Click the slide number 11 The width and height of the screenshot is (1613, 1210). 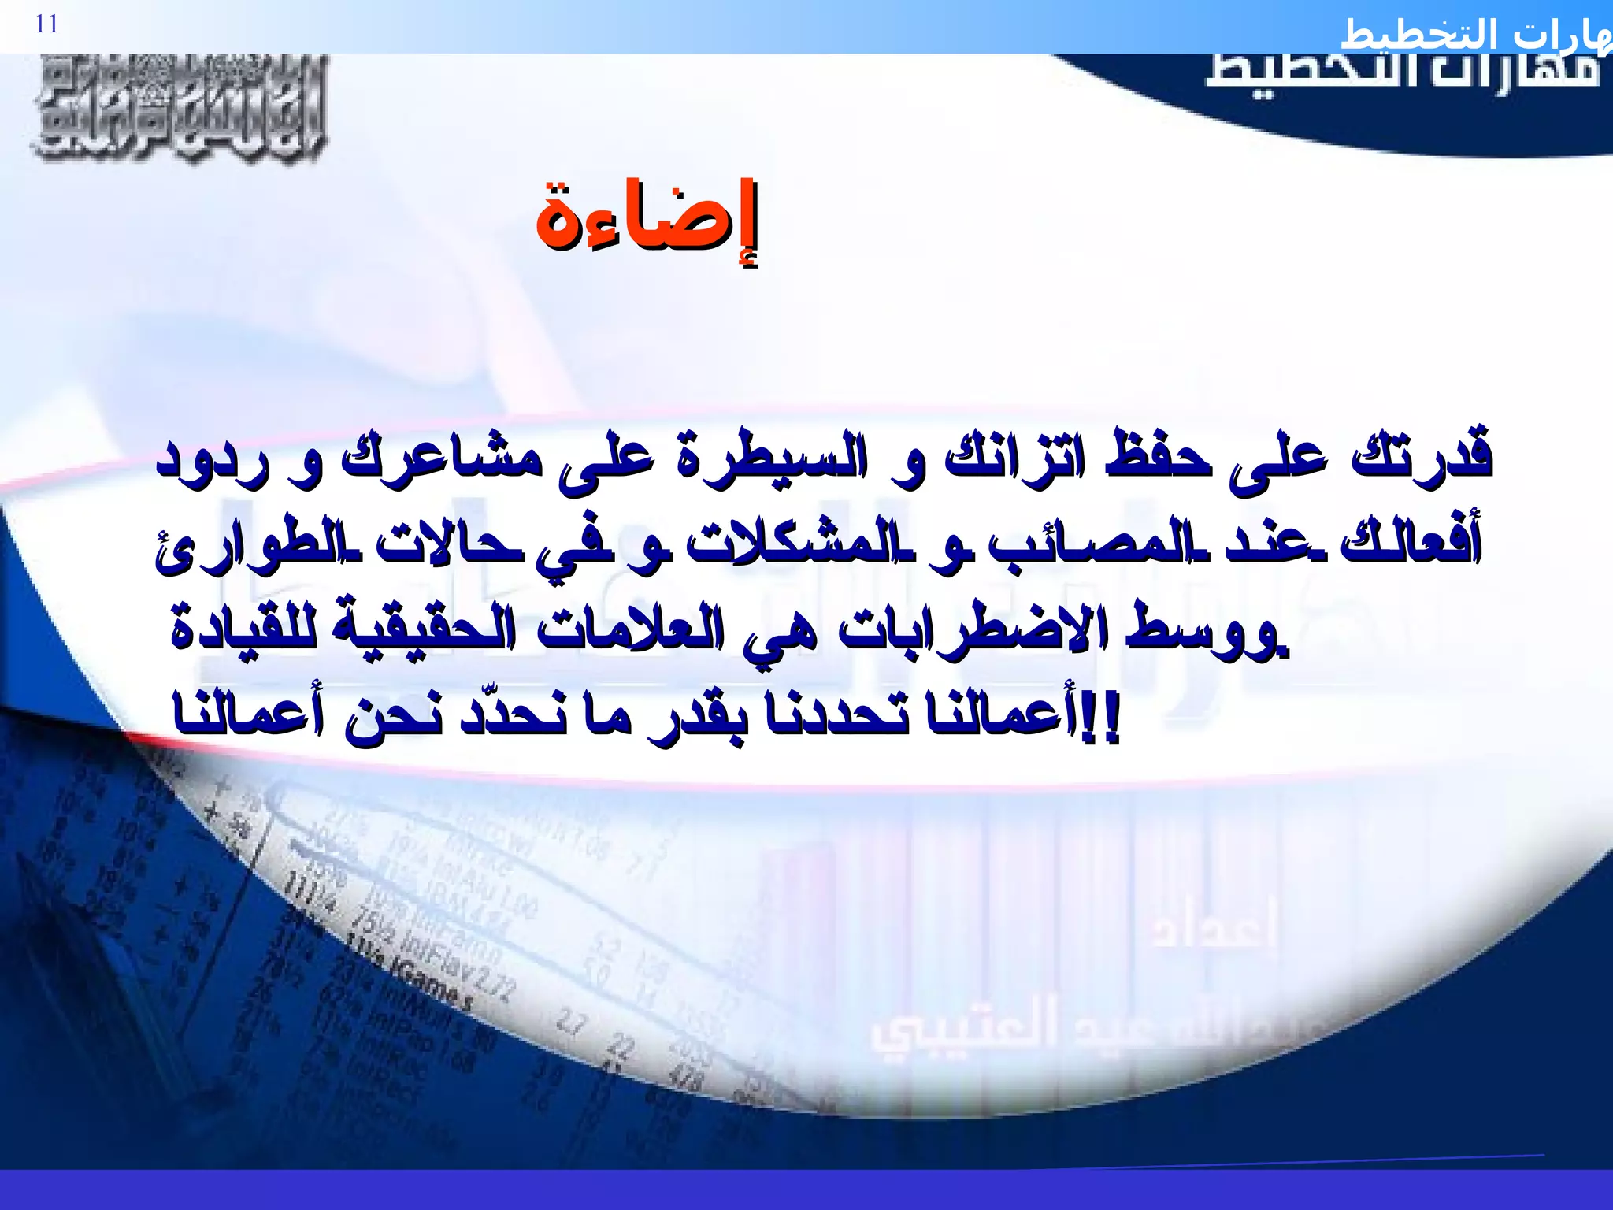[47, 24]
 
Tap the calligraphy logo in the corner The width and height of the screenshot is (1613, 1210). [180, 108]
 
